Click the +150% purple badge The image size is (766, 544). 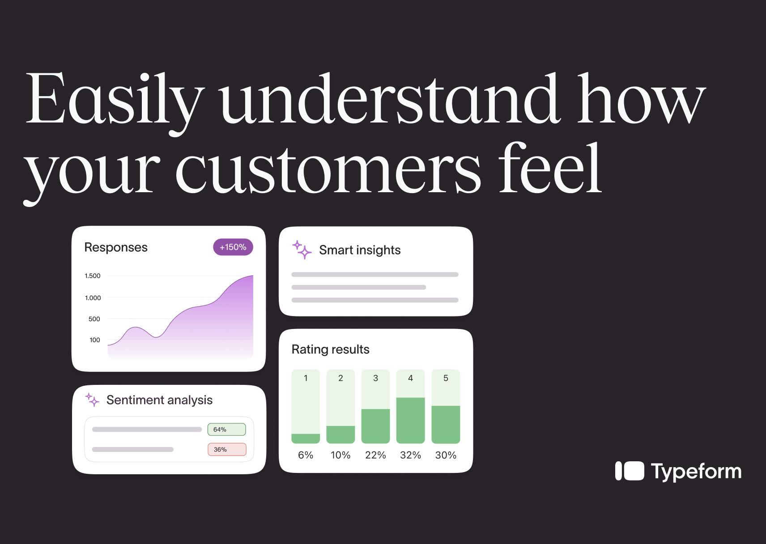(x=233, y=247)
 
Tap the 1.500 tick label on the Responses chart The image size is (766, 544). (x=92, y=276)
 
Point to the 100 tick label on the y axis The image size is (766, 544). (x=95, y=340)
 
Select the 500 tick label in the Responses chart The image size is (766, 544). (x=94, y=319)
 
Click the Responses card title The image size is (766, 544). (x=116, y=247)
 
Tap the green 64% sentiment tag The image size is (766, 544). (x=227, y=430)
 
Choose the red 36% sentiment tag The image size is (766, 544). (x=227, y=449)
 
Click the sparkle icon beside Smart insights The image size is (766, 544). (x=302, y=250)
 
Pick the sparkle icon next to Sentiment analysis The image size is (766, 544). (x=92, y=400)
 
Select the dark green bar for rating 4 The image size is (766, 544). (x=410, y=420)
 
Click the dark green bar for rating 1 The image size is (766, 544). (x=306, y=439)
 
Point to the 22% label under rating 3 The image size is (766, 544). (x=375, y=455)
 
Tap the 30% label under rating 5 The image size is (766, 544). (x=446, y=455)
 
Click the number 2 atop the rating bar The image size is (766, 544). (x=340, y=378)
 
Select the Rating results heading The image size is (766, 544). (x=330, y=349)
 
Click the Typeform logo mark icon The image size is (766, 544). (x=630, y=471)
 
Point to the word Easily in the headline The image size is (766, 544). (x=114, y=102)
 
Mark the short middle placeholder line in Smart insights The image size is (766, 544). (x=359, y=287)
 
